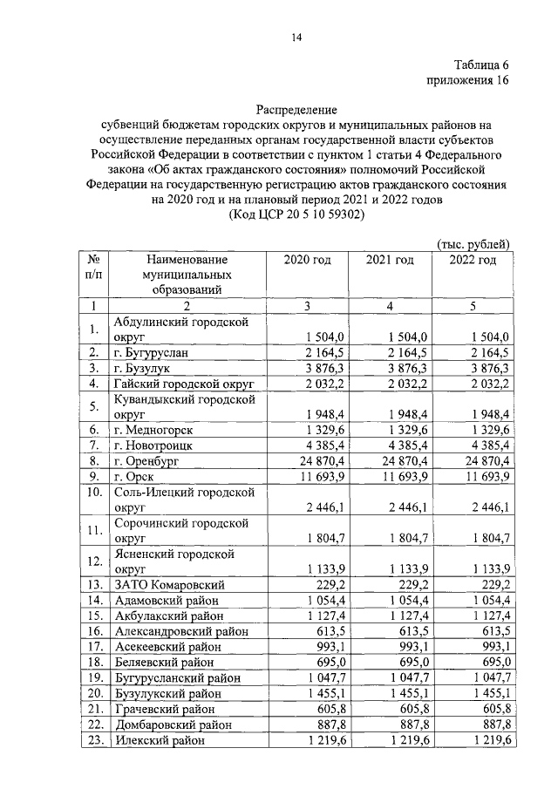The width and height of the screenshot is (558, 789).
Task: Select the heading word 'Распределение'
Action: tap(296, 110)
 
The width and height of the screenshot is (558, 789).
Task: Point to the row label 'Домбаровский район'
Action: tap(174, 724)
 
